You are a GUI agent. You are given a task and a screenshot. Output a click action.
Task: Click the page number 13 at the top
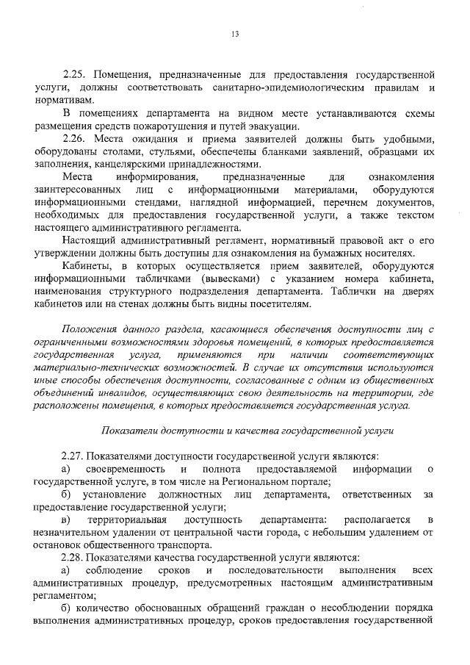point(235,33)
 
